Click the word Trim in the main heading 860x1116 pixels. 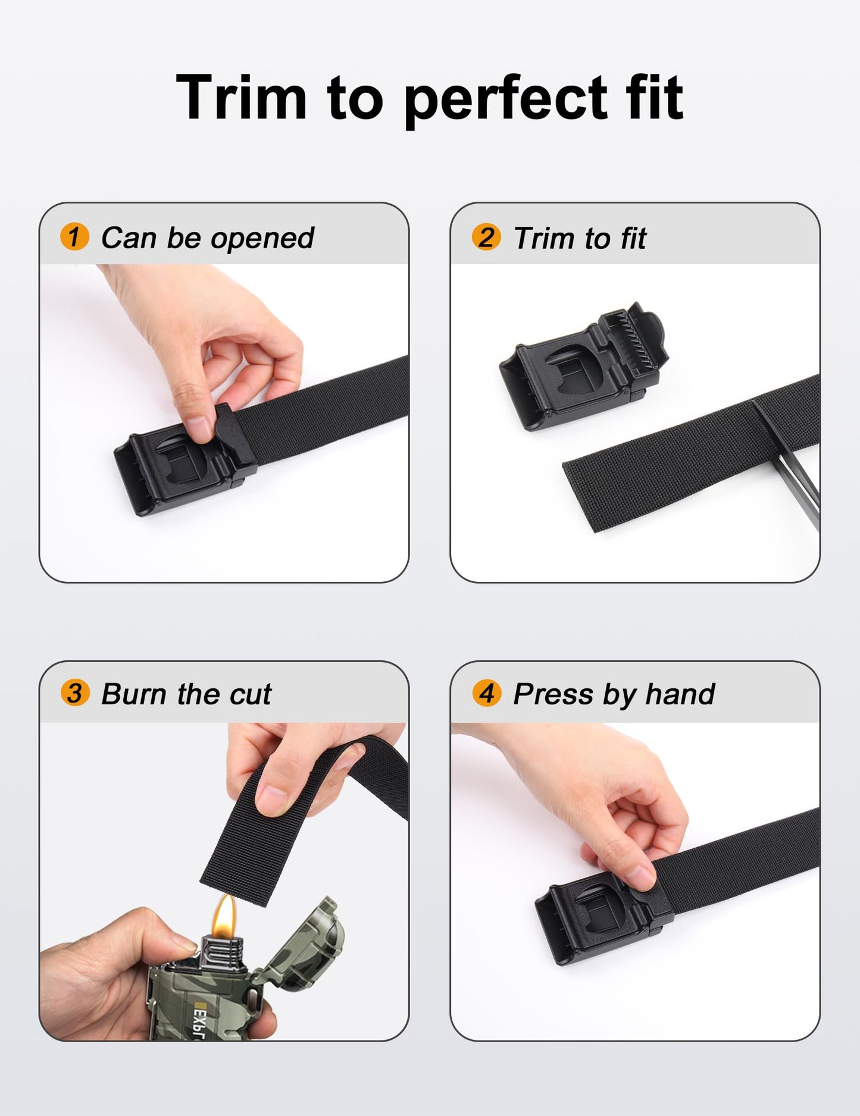241,98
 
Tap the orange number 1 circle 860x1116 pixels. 74,237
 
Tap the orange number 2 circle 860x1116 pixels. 486,237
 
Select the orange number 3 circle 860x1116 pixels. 74,693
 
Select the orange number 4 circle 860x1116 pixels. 486,693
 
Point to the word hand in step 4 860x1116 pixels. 680,694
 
